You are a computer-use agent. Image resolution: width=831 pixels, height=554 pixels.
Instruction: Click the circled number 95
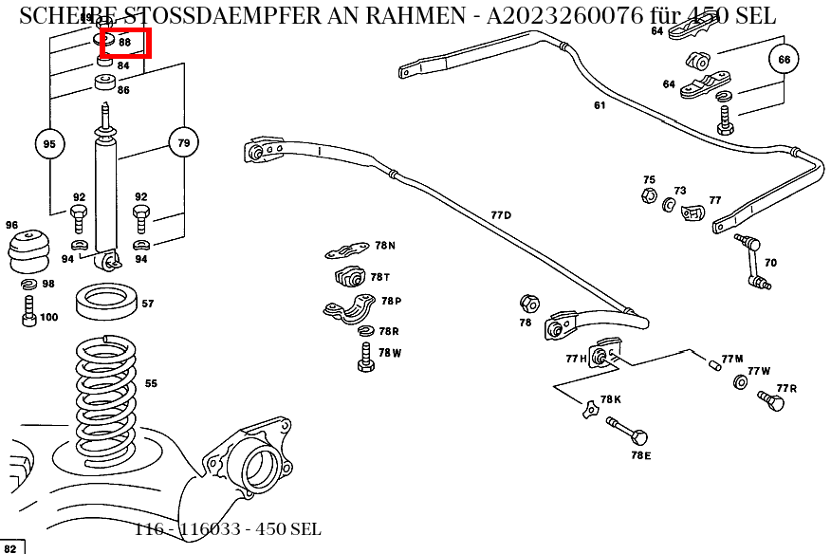pos(49,144)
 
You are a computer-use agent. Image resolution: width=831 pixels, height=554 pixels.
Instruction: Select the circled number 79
pos(184,143)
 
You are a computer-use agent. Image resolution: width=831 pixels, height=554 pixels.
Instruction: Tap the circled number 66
pos(784,60)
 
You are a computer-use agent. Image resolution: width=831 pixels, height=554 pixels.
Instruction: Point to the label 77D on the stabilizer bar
pos(501,215)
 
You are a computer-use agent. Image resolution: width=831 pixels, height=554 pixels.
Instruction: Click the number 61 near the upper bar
pos(600,105)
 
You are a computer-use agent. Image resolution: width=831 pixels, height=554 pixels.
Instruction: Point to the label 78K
pos(611,399)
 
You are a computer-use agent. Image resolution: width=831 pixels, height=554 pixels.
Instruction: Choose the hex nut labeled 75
pos(647,194)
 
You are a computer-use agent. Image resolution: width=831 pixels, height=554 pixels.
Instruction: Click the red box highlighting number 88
pos(125,43)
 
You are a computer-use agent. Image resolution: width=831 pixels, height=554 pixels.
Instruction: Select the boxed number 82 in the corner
pos(12,546)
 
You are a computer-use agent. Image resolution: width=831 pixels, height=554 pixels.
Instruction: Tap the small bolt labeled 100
pos(29,310)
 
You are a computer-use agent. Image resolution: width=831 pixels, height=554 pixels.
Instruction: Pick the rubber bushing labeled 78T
pos(351,279)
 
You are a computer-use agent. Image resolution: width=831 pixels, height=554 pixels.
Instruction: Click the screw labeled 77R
pos(773,402)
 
